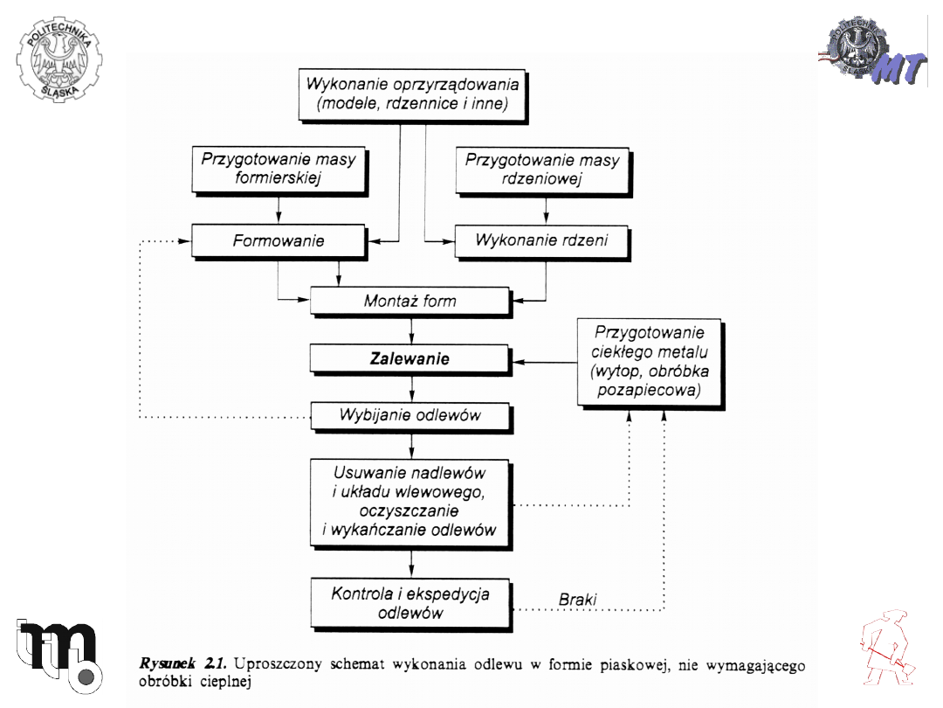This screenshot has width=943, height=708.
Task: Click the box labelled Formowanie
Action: tap(278, 240)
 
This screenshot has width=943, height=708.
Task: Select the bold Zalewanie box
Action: tap(409, 358)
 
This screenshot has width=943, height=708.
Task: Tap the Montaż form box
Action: tap(409, 302)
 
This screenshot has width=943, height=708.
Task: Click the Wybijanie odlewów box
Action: tap(409, 414)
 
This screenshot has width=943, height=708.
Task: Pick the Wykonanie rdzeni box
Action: tap(541, 240)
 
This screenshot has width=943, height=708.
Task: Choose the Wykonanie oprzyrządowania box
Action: tap(412, 95)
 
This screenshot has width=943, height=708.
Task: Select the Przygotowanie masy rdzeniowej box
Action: tap(542, 170)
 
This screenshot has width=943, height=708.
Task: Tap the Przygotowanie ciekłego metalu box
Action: tap(649, 361)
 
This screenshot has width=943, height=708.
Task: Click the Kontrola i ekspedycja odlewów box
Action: tap(410, 603)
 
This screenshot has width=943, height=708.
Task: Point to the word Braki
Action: tap(578, 600)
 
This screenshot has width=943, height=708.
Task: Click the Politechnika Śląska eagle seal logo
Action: tap(59, 59)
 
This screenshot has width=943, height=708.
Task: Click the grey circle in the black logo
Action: tap(85, 677)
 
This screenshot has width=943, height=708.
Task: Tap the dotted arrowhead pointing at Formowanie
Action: tap(184, 240)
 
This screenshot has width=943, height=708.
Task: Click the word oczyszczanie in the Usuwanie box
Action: tap(409, 510)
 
